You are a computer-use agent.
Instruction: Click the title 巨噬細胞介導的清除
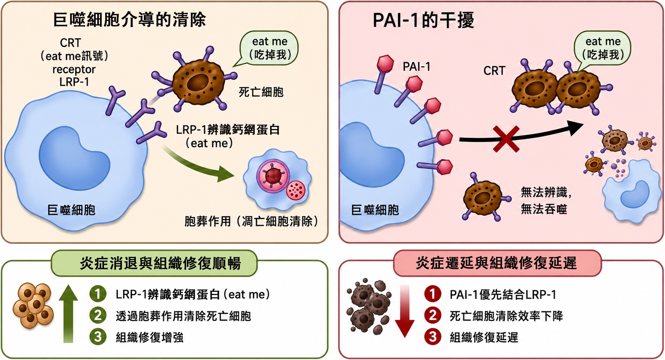pyautogui.click(x=129, y=20)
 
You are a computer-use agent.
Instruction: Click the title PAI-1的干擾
pyautogui.click(x=423, y=20)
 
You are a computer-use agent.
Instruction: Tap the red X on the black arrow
pyautogui.click(x=506, y=139)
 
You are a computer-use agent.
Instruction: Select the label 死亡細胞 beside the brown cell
pyautogui.click(x=261, y=92)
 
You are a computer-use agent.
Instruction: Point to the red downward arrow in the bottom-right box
pyautogui.click(x=405, y=311)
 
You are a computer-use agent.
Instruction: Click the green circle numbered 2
pyautogui.click(x=98, y=315)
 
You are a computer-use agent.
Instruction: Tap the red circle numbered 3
pyautogui.click(x=433, y=337)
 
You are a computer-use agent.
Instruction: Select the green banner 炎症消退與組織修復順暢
pyautogui.click(x=154, y=263)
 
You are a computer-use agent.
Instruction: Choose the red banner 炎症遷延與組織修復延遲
pyautogui.click(x=497, y=263)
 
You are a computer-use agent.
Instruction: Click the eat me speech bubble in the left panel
pyautogui.click(x=267, y=48)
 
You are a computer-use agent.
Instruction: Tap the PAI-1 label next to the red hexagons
pyautogui.click(x=416, y=67)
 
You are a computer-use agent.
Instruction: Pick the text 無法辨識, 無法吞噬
pyautogui.click(x=546, y=201)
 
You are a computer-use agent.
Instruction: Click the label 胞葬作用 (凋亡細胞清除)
pyautogui.click(x=251, y=221)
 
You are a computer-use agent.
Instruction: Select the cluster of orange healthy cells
pyautogui.click(x=33, y=306)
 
